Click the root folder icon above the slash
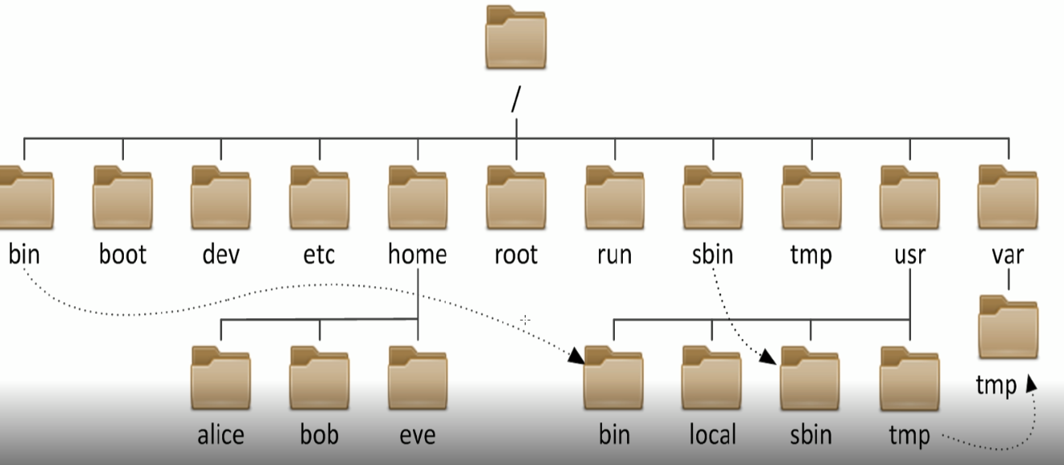pyautogui.click(x=516, y=38)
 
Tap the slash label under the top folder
pyautogui.click(x=515, y=99)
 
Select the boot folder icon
pyautogui.click(x=122, y=197)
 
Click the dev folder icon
pyautogui.click(x=221, y=197)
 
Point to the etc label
pyautogui.click(x=320, y=255)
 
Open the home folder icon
pyautogui.click(x=418, y=197)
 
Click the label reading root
pyautogui.click(x=516, y=255)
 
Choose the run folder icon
pyautogui.click(x=615, y=197)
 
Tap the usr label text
pyautogui.click(x=909, y=255)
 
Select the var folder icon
pyautogui.click(x=1008, y=197)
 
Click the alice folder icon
pyautogui.click(x=221, y=378)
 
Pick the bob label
pyautogui.click(x=320, y=435)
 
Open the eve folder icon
pyautogui.click(x=418, y=378)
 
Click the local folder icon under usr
pyautogui.click(x=712, y=378)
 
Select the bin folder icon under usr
pyautogui.click(x=614, y=378)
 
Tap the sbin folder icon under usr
pyautogui.click(x=810, y=378)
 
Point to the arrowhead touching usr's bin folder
pyautogui.click(x=576, y=355)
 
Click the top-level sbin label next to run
pyautogui.click(x=712, y=255)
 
